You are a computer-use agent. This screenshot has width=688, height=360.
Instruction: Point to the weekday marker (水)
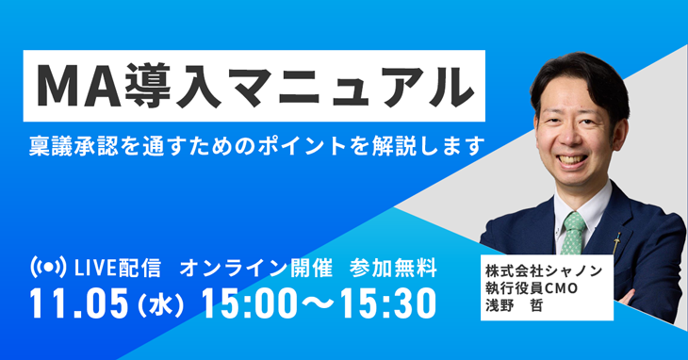click(166, 304)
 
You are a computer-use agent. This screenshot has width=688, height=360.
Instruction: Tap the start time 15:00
click(254, 303)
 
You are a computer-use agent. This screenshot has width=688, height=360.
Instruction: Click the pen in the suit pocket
click(618, 241)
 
